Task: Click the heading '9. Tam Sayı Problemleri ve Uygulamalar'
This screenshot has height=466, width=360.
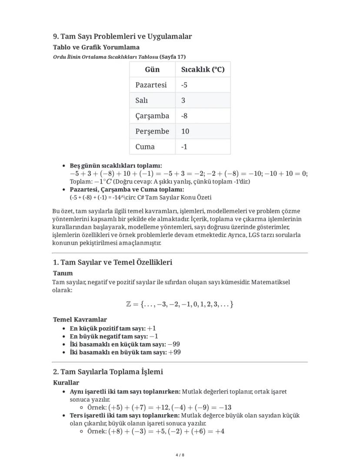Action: click(x=122, y=36)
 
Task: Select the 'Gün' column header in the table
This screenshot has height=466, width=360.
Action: click(x=152, y=70)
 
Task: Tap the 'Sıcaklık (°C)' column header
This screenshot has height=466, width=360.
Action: click(x=203, y=70)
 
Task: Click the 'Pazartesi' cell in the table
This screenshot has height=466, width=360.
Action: click(x=151, y=85)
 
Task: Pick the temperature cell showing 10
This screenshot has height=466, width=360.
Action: click(x=185, y=131)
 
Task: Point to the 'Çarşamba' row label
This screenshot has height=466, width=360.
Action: click(x=152, y=116)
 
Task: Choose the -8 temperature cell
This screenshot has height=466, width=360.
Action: click(x=184, y=116)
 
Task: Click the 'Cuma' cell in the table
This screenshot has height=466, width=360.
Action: click(x=145, y=147)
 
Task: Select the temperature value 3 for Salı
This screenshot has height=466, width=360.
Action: click(x=183, y=101)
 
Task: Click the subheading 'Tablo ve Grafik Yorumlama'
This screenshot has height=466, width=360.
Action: click(x=96, y=47)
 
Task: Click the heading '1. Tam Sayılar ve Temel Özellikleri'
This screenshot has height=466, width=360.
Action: click(x=113, y=262)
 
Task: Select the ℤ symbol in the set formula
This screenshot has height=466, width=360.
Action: click(x=129, y=304)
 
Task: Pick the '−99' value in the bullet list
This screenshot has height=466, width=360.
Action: click(x=173, y=344)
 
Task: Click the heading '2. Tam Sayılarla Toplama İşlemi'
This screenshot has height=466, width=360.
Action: click(x=108, y=372)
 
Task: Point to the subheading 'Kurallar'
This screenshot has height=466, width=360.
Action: click(x=66, y=383)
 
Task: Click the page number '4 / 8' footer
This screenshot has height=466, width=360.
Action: click(x=180, y=455)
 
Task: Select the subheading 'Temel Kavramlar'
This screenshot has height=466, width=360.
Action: click(x=80, y=320)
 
